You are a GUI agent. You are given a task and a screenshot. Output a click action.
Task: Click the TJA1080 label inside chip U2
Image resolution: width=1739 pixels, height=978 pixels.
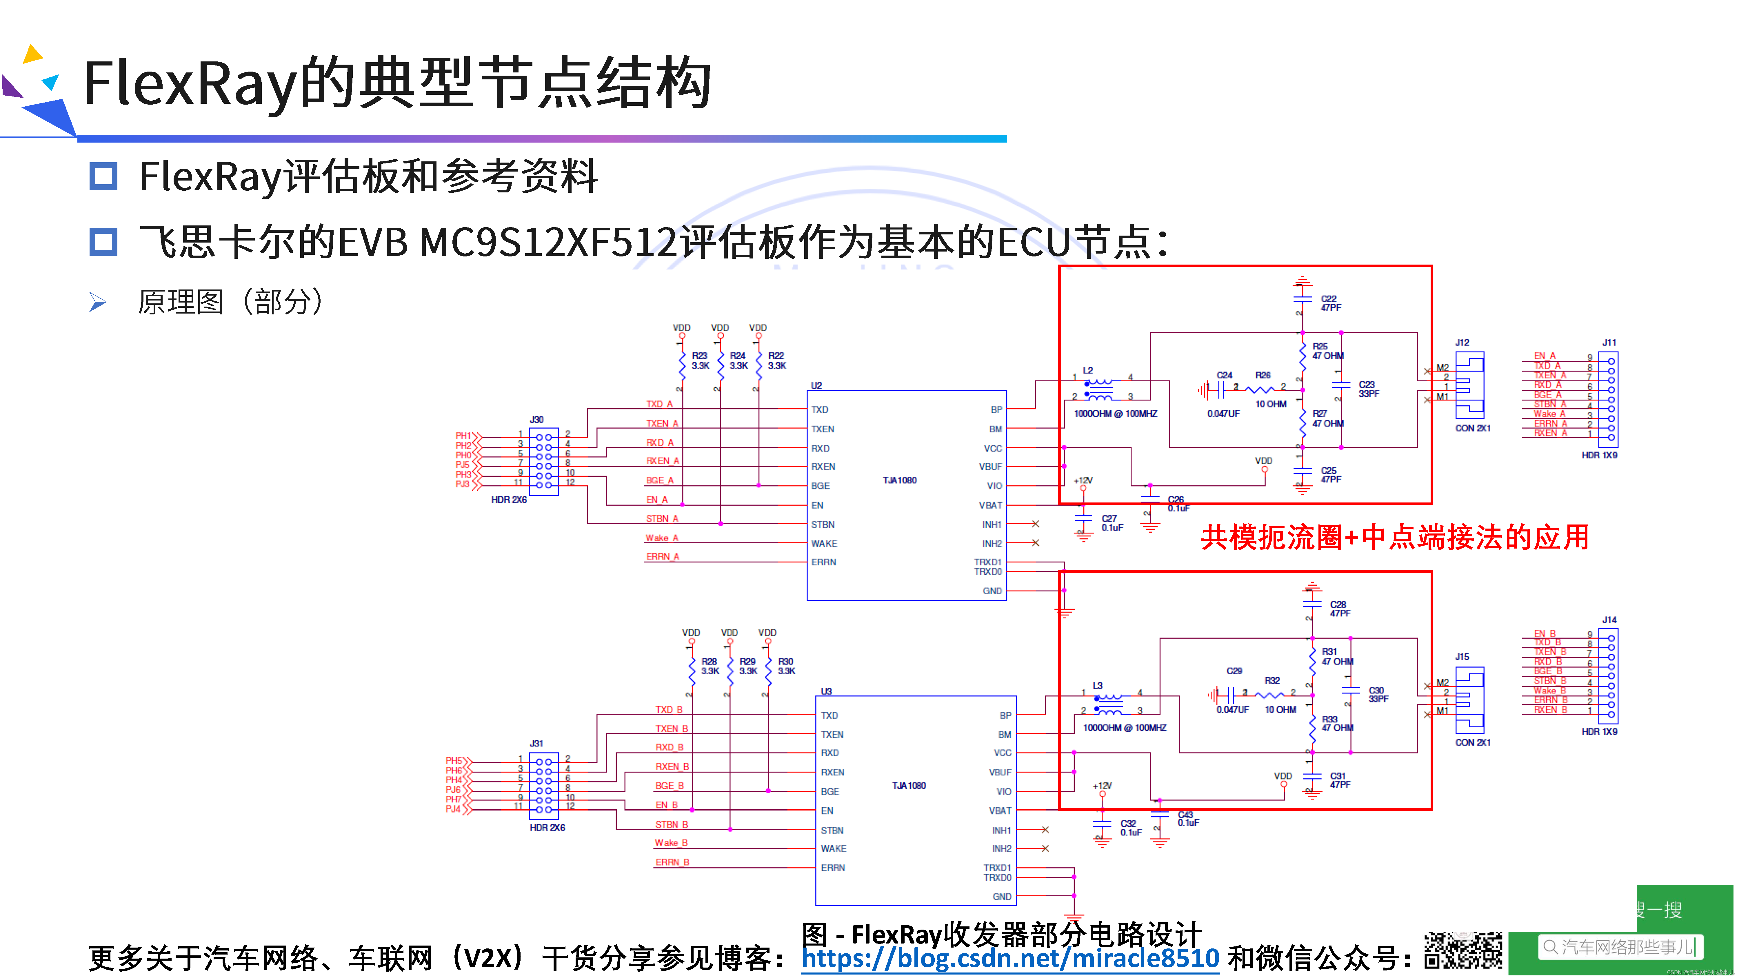click(899, 480)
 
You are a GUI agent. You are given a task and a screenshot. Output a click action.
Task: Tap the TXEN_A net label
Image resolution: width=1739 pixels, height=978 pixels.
click(662, 423)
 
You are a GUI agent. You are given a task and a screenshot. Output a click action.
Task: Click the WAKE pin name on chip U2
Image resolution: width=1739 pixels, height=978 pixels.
click(824, 543)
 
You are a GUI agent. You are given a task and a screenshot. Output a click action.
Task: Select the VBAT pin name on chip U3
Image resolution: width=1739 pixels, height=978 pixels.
click(1000, 811)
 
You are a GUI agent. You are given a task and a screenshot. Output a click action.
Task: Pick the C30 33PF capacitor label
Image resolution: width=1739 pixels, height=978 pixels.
click(1377, 695)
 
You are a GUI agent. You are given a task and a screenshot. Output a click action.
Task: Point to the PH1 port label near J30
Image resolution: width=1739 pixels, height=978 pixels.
click(463, 436)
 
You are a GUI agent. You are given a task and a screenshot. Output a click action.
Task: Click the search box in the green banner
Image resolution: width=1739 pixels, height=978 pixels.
click(1620, 947)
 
